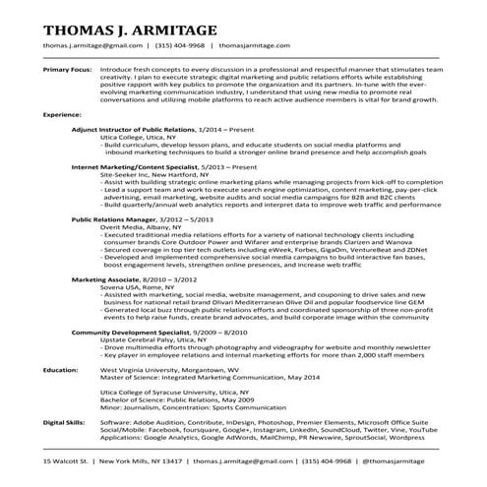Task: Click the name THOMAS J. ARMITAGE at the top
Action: [x=127, y=25]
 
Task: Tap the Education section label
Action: [x=60, y=370]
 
